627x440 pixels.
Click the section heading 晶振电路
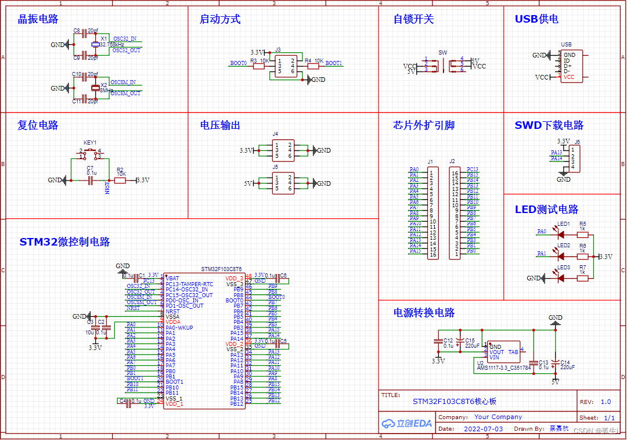pyautogui.click(x=38, y=19)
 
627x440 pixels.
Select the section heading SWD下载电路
pyautogui.click(x=549, y=125)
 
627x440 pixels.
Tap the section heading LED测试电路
pyautogui.click(x=546, y=210)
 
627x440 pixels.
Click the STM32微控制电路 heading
pyautogui.click(x=64, y=242)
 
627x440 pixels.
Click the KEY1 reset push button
pyautogui.click(x=90, y=153)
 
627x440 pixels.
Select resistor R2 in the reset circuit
pyautogui.click(x=120, y=181)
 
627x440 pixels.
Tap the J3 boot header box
pyautogui.click(x=285, y=66)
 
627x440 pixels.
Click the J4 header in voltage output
pyautogui.click(x=283, y=150)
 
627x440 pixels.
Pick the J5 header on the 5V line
pyautogui.click(x=283, y=183)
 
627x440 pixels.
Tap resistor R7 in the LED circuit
pyautogui.click(x=582, y=278)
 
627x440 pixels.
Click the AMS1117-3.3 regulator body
pyautogui.click(x=503, y=352)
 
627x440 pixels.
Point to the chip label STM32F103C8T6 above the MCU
pyautogui.click(x=221, y=269)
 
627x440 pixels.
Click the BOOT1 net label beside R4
pyautogui.click(x=333, y=63)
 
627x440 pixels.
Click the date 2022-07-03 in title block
pyautogui.click(x=484, y=429)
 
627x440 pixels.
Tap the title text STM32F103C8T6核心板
pyautogui.click(x=455, y=401)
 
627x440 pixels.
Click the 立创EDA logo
pyautogui.click(x=407, y=424)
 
